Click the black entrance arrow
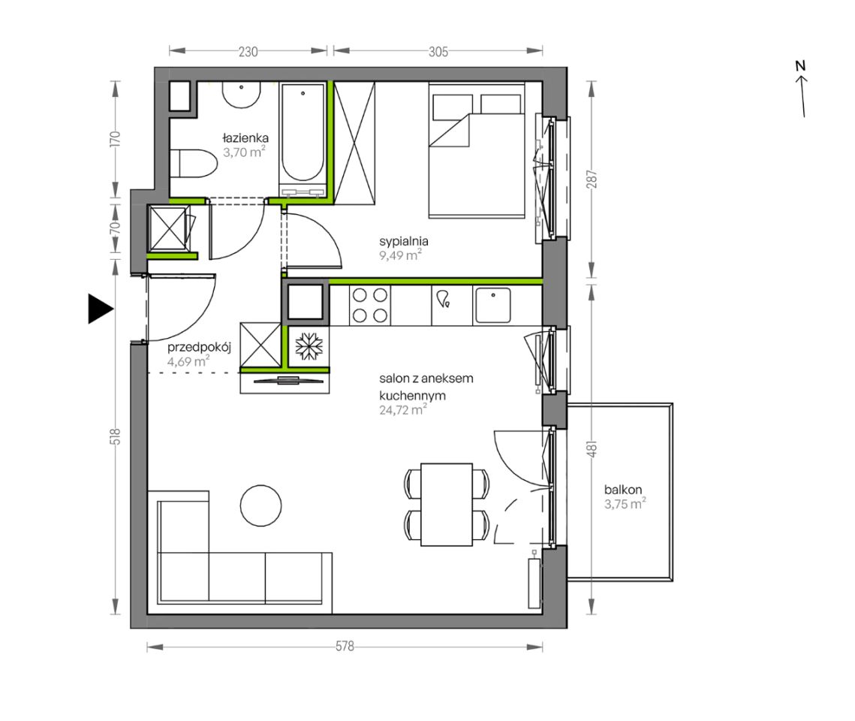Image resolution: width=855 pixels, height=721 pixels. coord(99,309)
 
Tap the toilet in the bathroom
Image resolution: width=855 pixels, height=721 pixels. coord(194,163)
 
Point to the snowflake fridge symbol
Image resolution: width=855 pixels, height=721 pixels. coord(309,346)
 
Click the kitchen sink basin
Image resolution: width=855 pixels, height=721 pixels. coord(493,305)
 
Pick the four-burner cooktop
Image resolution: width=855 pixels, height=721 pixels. coord(370,305)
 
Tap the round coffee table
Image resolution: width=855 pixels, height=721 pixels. coord(261,505)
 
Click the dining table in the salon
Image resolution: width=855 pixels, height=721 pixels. coord(447,505)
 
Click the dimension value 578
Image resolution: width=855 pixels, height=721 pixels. coord(345,647)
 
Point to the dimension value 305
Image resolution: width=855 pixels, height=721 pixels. coord(438,52)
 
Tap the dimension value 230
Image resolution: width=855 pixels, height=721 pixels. coord(248,52)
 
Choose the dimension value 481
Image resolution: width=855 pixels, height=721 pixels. coord(592,448)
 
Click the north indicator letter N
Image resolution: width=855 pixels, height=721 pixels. coord(800,66)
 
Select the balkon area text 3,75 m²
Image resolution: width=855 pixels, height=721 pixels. coord(625,504)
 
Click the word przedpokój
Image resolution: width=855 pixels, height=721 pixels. coord(200,348)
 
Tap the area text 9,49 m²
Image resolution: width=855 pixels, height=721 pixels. coord(400,255)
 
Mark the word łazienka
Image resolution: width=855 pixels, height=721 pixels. coord(245,138)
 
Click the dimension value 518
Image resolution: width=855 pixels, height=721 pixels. coord(115,436)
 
